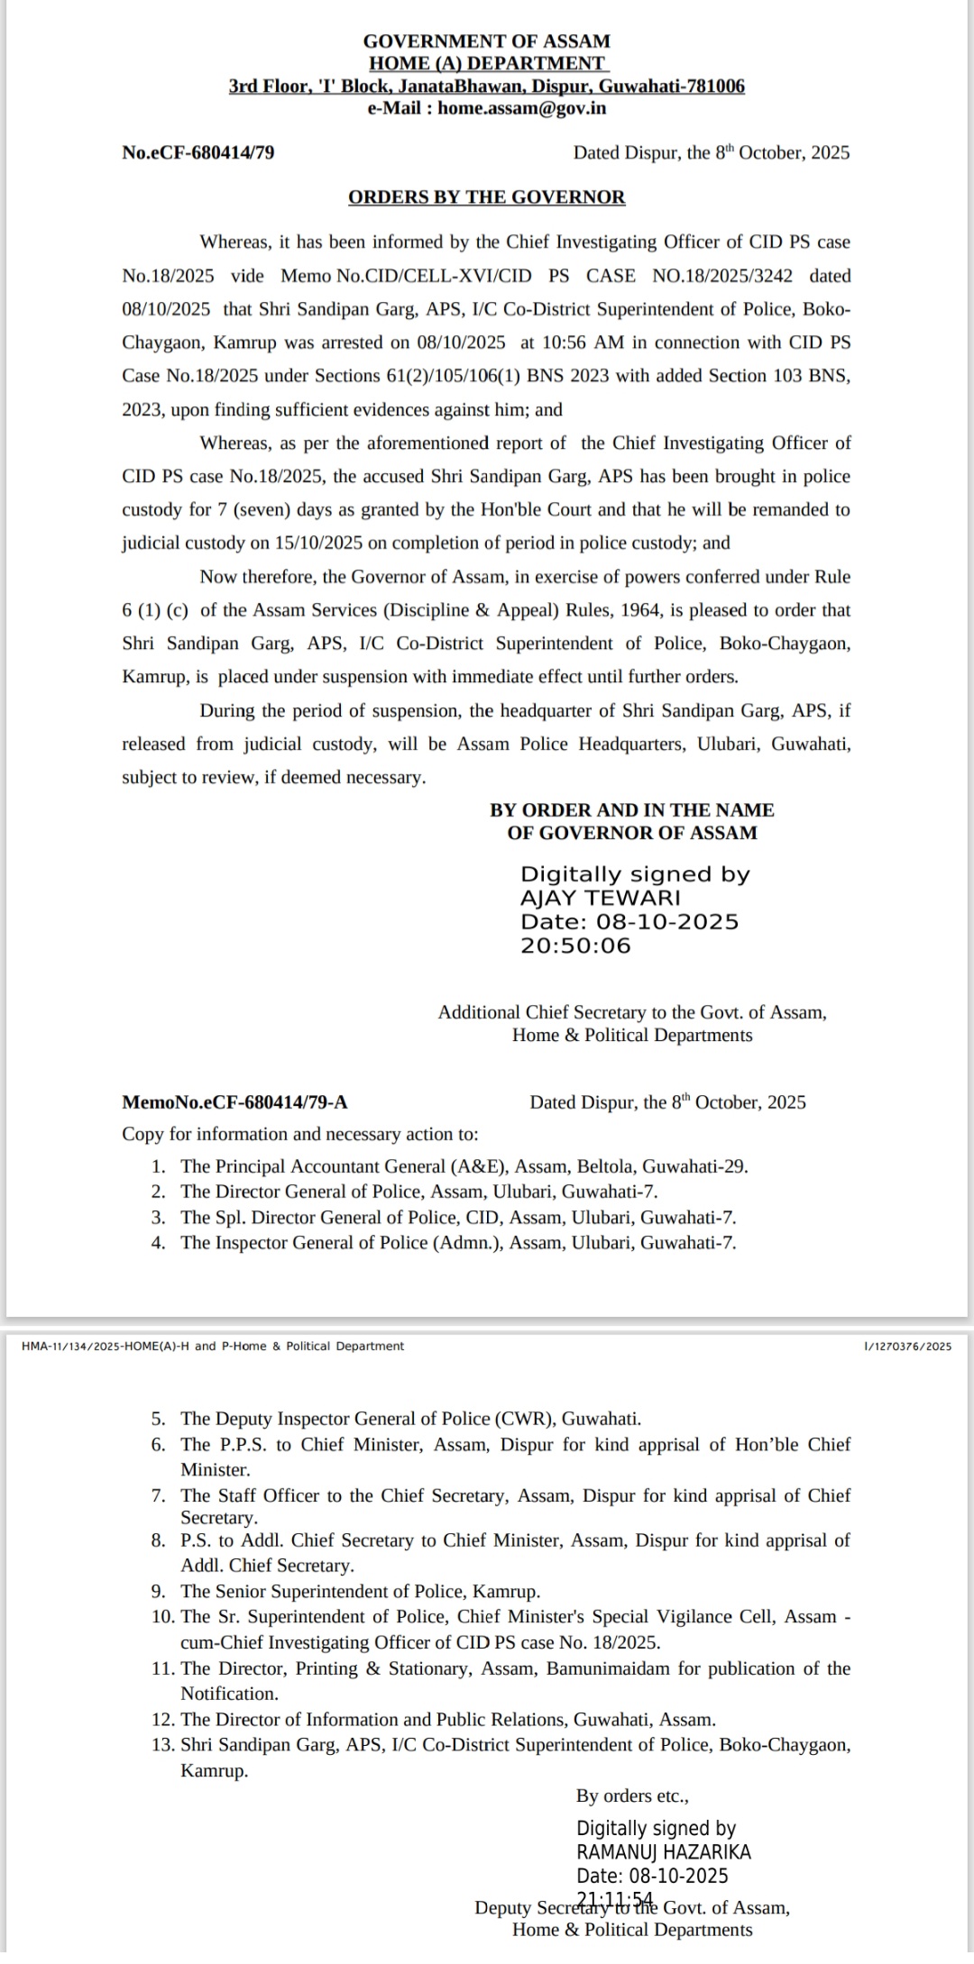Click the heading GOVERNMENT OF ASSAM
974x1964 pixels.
tap(486, 41)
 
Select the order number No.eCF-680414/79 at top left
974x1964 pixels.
tap(198, 152)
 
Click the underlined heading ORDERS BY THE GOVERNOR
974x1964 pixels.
tap(486, 197)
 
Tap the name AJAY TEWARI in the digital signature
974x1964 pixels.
tap(601, 898)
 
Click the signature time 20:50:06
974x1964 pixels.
tap(575, 945)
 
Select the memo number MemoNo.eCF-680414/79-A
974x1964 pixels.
tap(234, 1102)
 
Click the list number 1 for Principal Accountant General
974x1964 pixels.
tap(158, 1166)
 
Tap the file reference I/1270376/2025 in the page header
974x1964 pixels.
tap(907, 1347)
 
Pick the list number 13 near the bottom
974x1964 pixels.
tap(162, 1745)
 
